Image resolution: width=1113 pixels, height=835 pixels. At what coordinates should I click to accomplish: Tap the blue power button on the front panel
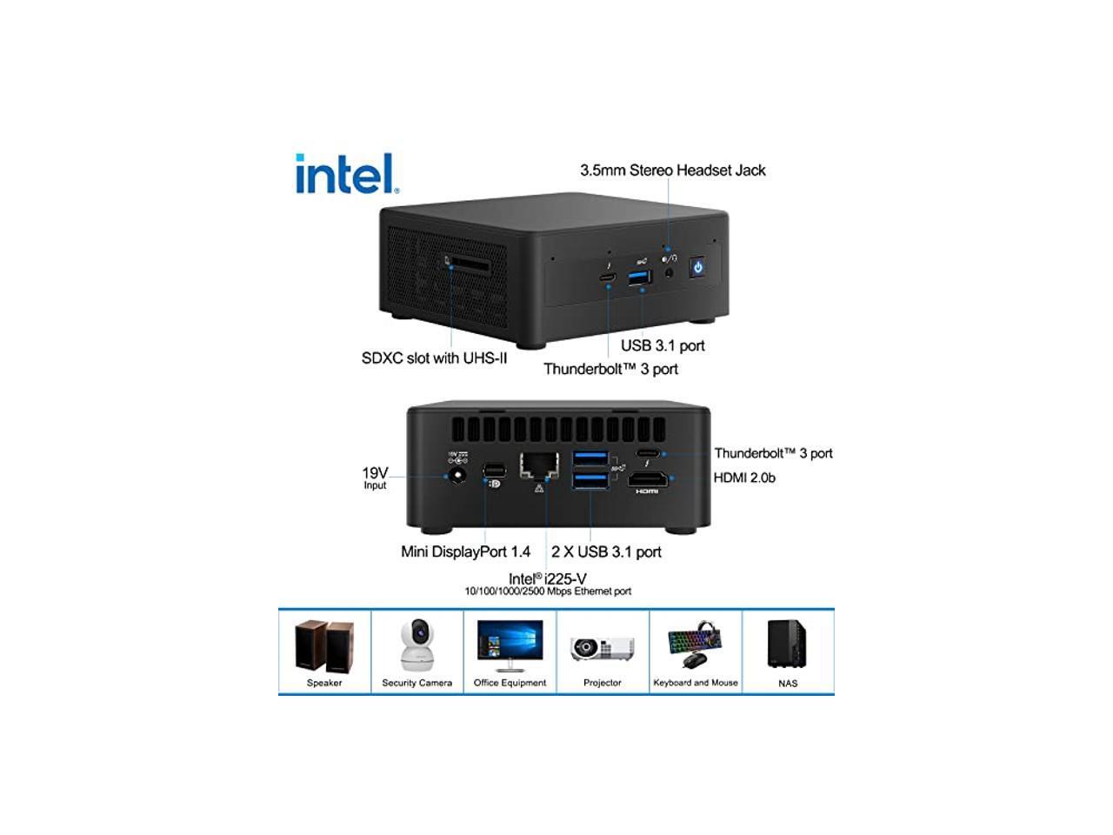(x=696, y=267)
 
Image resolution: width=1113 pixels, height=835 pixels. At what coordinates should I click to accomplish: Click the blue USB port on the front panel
(x=640, y=277)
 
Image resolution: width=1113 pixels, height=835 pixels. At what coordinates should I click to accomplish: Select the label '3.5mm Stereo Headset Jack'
(x=672, y=170)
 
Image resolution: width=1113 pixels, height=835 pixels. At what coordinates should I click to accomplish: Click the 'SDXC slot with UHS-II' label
(x=434, y=357)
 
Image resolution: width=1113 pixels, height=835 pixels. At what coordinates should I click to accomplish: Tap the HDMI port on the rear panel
(x=648, y=479)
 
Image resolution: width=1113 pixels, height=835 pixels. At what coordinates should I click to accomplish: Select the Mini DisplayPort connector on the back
(x=494, y=471)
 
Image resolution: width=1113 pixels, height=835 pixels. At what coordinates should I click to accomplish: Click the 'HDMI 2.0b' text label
(x=744, y=478)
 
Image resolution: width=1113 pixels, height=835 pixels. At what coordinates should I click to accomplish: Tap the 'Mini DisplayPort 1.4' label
(x=465, y=551)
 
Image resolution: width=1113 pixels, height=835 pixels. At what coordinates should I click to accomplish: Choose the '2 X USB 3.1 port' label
(x=606, y=551)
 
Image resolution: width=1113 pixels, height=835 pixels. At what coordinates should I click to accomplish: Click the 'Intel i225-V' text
(x=547, y=578)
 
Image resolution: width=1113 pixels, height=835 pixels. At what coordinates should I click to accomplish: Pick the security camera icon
(x=417, y=645)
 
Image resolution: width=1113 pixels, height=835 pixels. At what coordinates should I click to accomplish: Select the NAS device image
(x=787, y=644)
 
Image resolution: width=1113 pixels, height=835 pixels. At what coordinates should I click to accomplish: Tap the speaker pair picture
(x=324, y=645)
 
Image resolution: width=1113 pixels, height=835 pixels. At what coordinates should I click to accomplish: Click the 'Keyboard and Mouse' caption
(x=695, y=683)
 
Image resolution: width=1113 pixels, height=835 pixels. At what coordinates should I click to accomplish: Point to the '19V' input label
(x=375, y=473)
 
